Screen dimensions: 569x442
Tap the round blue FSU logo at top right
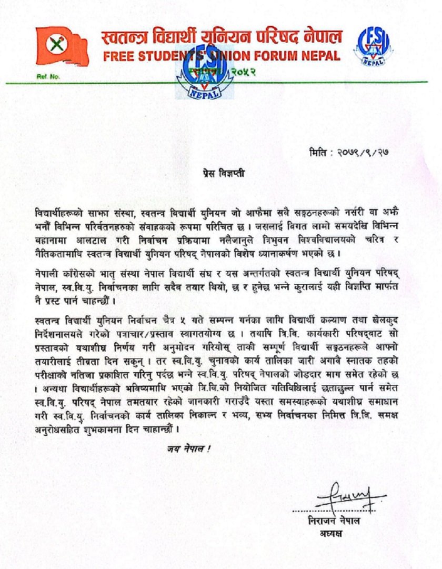[374, 46]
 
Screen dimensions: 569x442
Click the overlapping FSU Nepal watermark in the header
[205, 74]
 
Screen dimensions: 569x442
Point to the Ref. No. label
[48, 77]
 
